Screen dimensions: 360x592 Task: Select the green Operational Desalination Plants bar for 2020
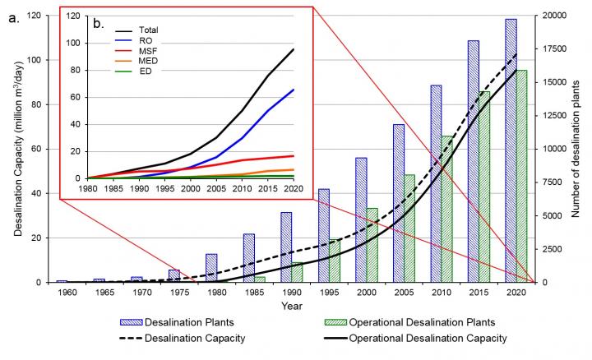pyautogui.click(x=520, y=176)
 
